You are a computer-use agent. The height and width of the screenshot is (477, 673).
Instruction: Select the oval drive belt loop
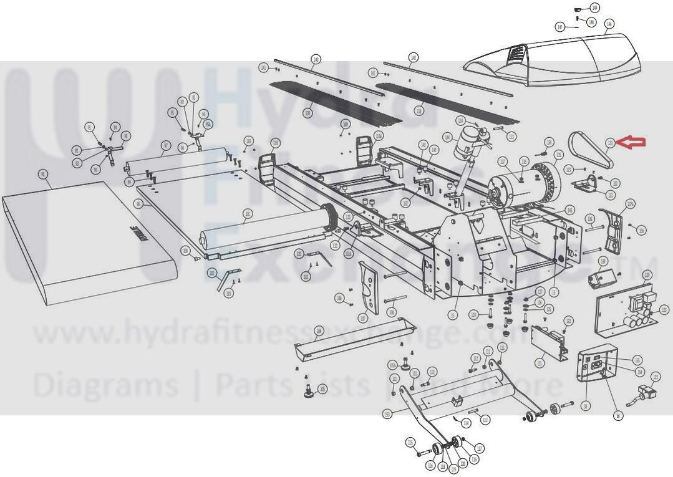point(591,150)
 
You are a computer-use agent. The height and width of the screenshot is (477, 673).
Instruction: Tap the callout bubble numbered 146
point(609,24)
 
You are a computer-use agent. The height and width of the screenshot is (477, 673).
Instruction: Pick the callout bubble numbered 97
point(165,147)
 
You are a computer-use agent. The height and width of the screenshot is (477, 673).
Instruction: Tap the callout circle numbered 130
point(647,275)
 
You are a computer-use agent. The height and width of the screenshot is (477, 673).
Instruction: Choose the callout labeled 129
point(603,261)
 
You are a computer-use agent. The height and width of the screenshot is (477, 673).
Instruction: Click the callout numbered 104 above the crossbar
point(319,330)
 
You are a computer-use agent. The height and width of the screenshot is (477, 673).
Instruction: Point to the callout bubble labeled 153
point(387,413)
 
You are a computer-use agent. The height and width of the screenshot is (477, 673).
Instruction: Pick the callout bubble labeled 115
point(410,443)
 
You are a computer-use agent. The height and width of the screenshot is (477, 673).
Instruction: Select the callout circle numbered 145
point(569,210)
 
